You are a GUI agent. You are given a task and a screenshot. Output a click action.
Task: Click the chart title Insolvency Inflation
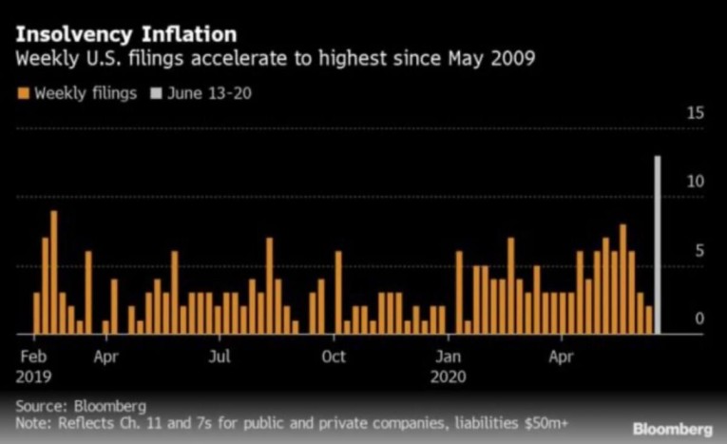tap(126, 34)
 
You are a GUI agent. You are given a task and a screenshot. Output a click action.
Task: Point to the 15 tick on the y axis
tap(696, 113)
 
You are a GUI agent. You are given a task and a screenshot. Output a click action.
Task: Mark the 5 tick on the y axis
tap(699, 251)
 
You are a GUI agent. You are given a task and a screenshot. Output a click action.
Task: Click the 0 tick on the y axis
tap(699, 319)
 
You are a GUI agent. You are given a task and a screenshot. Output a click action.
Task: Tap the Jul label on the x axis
tap(220, 358)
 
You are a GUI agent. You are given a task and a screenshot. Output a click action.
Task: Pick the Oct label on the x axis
tap(334, 358)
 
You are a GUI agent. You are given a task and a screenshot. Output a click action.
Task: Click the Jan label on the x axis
tap(449, 358)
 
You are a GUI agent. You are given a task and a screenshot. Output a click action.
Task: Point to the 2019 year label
tap(33, 376)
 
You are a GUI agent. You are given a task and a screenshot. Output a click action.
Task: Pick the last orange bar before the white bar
tap(649, 320)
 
